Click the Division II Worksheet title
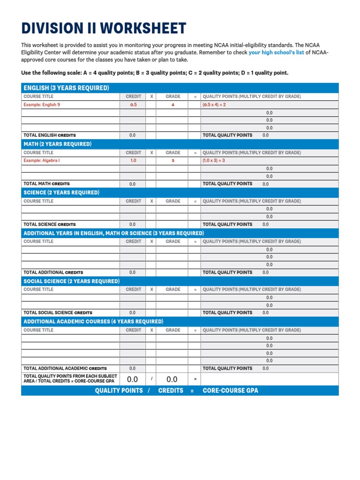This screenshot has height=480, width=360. (104, 29)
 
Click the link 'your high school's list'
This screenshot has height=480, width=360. (276, 53)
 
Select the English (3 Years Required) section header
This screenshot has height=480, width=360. (66, 88)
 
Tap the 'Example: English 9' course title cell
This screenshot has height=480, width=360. (42, 105)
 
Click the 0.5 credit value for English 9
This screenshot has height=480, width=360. (133, 105)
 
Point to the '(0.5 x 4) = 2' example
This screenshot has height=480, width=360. (214, 105)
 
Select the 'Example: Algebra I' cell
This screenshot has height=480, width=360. (42, 160)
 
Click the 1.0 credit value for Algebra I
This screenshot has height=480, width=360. (133, 160)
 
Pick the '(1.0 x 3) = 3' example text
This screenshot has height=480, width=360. (214, 160)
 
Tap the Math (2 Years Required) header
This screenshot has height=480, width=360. (57, 144)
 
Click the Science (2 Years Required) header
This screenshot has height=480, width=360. (62, 193)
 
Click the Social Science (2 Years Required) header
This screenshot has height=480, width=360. (71, 281)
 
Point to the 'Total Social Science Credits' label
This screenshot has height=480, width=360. (58, 313)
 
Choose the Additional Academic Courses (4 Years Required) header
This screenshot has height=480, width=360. (93, 322)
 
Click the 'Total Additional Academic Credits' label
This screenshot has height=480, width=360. (65, 368)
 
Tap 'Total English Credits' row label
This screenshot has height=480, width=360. (49, 135)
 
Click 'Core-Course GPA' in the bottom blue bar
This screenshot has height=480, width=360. (230, 390)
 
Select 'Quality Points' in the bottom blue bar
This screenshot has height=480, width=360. (119, 390)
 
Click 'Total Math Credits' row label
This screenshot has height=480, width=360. (46, 184)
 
